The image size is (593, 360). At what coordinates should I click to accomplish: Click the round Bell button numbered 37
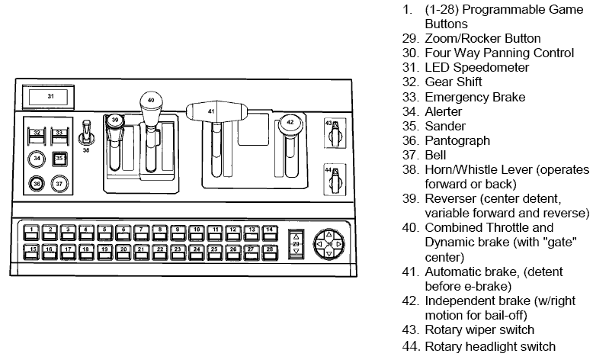click(x=60, y=183)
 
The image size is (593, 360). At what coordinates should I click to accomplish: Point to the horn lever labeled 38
click(x=86, y=137)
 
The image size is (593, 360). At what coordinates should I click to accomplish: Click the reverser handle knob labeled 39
click(x=114, y=121)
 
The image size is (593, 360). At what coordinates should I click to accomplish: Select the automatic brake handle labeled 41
click(x=212, y=111)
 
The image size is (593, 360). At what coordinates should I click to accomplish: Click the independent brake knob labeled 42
click(x=290, y=121)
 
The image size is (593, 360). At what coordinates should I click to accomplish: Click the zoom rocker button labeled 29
click(x=296, y=243)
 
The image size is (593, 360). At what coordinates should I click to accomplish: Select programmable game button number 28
click(x=269, y=249)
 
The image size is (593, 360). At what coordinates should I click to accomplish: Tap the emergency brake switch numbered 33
click(x=60, y=134)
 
